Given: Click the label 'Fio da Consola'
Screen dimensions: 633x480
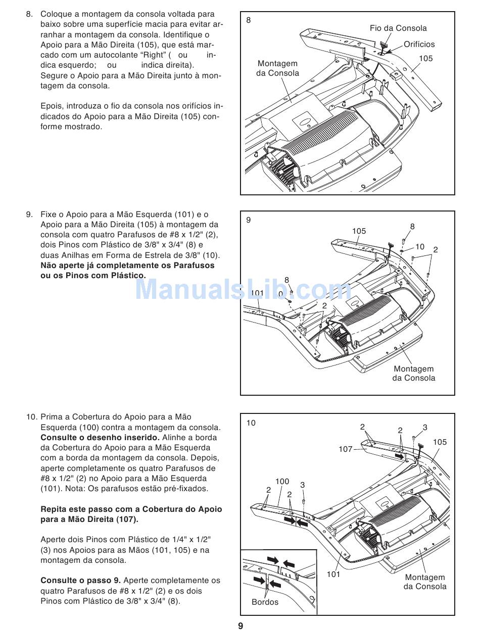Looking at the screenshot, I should (x=398, y=28).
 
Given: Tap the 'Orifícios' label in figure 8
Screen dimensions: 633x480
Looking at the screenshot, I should (x=419, y=44).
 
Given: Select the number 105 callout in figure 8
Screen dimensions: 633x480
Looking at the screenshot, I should (x=425, y=59).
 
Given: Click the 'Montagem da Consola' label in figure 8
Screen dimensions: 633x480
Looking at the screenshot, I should (x=277, y=68).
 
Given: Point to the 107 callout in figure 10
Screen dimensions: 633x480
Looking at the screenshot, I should (x=346, y=449).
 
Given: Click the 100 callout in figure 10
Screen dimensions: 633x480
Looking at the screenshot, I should (x=282, y=482).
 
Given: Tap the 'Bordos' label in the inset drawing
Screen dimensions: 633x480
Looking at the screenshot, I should (x=265, y=602).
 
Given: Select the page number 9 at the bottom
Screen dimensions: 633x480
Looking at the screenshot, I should (x=241, y=626).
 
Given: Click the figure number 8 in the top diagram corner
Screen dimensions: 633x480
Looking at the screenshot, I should (x=249, y=20).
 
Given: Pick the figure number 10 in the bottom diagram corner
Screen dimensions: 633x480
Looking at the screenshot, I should (x=251, y=423).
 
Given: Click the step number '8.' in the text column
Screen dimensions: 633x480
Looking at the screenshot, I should (x=29, y=14).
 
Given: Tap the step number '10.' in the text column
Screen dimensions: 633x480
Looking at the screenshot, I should (x=31, y=417).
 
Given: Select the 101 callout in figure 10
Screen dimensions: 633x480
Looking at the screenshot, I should (x=333, y=574).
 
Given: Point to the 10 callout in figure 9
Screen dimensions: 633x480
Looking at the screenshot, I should (x=420, y=247).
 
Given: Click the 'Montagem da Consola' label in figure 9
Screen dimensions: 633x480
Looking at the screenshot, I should (x=413, y=374).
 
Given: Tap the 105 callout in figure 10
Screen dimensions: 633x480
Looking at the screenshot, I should (x=440, y=442).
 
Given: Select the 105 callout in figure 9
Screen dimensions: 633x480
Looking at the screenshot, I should (x=359, y=231).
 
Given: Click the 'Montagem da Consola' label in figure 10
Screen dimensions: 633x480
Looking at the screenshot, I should (x=424, y=582).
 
